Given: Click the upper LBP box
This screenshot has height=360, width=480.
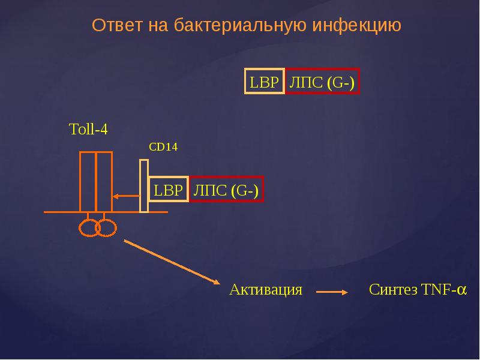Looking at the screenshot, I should click(x=264, y=82).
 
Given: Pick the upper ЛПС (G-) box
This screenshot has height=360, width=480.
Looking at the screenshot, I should click(x=322, y=82).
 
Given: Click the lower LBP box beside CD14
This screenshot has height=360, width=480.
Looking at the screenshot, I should click(x=168, y=190).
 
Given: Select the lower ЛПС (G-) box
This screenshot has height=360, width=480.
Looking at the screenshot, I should click(x=226, y=190).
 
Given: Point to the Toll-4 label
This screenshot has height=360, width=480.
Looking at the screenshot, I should click(x=88, y=129).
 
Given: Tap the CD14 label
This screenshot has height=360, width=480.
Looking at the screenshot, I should click(x=163, y=147).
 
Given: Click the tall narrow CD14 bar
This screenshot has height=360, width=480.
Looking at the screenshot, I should click(x=143, y=185).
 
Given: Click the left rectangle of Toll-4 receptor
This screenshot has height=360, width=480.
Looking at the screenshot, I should click(x=88, y=182).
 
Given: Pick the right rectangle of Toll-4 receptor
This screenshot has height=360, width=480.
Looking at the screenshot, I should click(x=104, y=182).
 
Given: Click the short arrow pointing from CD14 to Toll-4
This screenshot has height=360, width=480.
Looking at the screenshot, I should click(x=126, y=196).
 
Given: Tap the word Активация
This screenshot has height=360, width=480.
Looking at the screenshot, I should click(x=265, y=290).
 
